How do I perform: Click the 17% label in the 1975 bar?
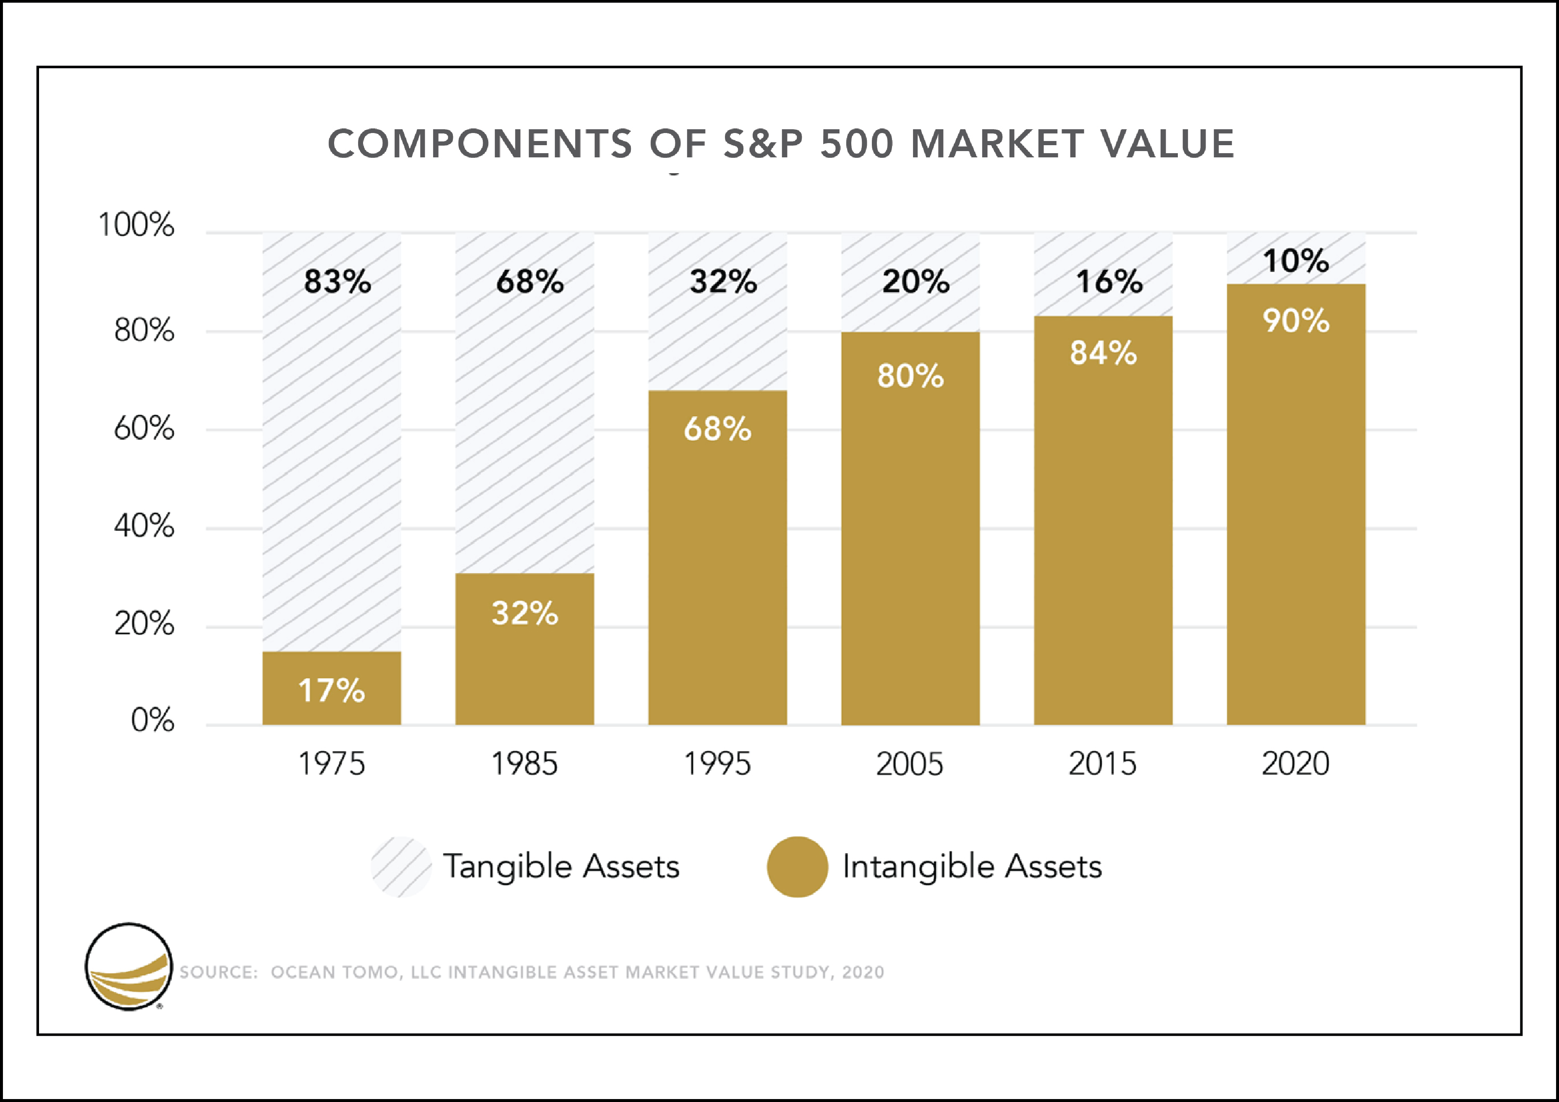click(331, 690)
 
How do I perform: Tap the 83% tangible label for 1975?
click(337, 281)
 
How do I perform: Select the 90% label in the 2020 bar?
click(1295, 321)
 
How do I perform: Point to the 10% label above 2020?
click(1295, 261)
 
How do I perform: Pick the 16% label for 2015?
click(1109, 281)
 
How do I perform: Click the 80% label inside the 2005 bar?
click(910, 376)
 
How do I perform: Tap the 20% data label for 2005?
click(916, 281)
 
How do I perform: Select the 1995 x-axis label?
click(717, 764)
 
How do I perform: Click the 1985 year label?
click(524, 764)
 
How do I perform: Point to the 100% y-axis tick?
click(136, 225)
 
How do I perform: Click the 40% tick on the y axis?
click(144, 526)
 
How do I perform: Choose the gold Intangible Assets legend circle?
click(797, 867)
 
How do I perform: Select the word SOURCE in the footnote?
click(218, 972)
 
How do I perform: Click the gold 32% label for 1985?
click(525, 613)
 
